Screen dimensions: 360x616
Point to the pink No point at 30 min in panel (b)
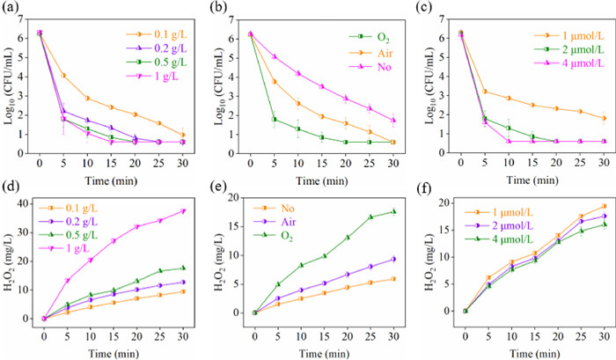[x=392, y=121]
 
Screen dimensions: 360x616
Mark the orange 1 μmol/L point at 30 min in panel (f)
[x=603, y=231]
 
